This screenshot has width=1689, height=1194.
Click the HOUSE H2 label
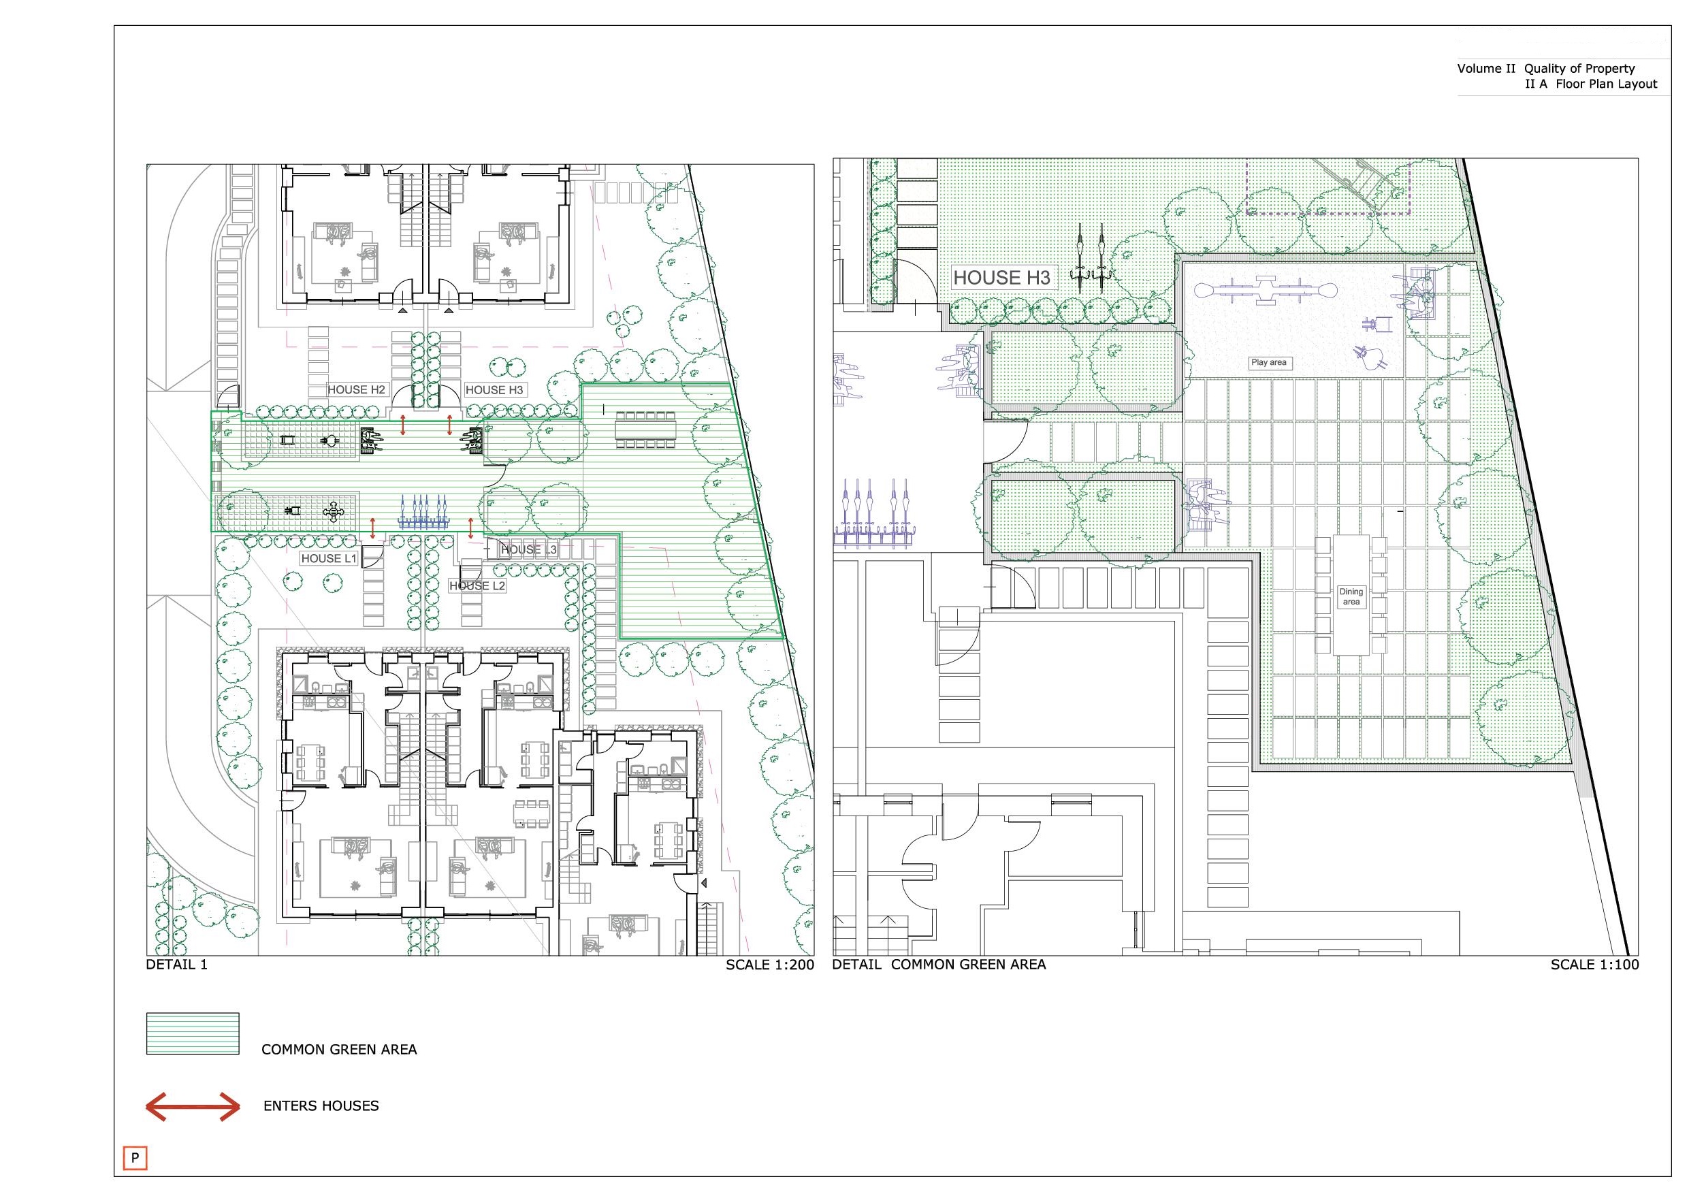(357, 390)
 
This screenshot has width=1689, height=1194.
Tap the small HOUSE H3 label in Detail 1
(494, 390)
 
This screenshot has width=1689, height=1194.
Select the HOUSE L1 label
(329, 558)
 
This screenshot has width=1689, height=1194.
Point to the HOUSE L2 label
(477, 585)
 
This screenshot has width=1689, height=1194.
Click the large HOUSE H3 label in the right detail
(1002, 278)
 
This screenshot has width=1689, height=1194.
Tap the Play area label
(1269, 362)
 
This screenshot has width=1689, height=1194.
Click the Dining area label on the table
(1351, 596)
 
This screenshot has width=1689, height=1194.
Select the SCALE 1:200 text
(770, 965)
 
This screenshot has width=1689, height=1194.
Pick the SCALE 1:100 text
(1595, 965)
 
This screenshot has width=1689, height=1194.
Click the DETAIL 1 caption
(177, 965)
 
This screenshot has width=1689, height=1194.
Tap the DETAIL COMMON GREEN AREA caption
(939, 965)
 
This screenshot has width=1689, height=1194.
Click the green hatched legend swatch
(193, 1033)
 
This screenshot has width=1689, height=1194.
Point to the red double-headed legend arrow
(193, 1106)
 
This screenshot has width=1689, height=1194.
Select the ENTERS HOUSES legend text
(321, 1106)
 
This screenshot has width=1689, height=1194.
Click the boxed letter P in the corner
(135, 1157)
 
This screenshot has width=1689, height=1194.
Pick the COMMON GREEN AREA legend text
(339, 1050)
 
